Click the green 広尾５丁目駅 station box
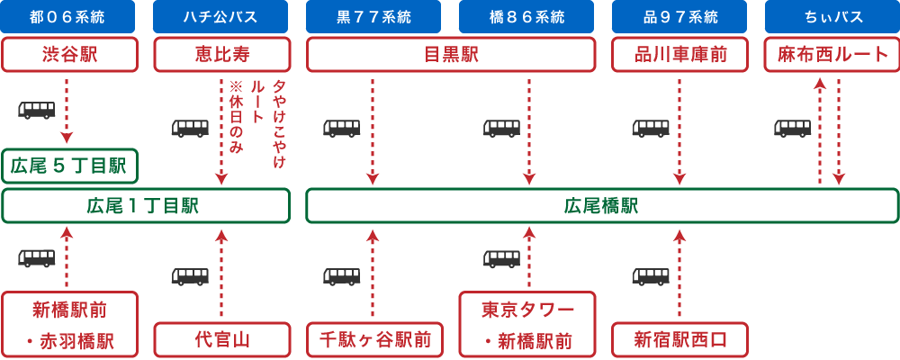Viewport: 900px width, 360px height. (x=69, y=166)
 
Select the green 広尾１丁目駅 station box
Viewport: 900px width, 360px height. (x=145, y=205)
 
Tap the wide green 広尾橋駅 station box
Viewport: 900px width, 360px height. (x=601, y=205)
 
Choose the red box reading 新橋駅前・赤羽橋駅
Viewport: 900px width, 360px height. (x=69, y=325)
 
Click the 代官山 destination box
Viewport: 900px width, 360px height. (x=221, y=340)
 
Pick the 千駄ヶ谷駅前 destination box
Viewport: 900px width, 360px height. (x=374, y=340)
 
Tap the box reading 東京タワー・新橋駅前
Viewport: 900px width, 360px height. (x=527, y=325)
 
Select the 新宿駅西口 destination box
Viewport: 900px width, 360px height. (x=679, y=340)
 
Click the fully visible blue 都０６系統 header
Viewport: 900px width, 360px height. (x=67, y=16)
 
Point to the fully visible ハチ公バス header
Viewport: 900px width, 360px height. (x=220, y=16)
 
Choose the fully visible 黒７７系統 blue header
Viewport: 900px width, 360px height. (x=373, y=16)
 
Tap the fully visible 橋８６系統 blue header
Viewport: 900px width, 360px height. (x=526, y=16)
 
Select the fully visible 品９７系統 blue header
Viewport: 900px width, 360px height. (x=679, y=16)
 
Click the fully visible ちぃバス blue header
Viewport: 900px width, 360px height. (x=832, y=16)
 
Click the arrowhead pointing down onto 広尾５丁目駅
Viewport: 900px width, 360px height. (x=67, y=139)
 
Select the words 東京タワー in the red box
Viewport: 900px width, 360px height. (x=527, y=310)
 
